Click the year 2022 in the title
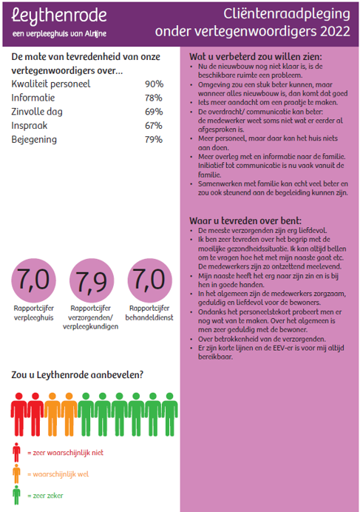(335, 32)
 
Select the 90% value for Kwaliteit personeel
(154, 84)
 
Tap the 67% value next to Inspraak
(154, 126)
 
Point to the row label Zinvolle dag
(37, 112)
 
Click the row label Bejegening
(34, 140)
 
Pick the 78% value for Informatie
(154, 98)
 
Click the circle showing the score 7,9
(92, 281)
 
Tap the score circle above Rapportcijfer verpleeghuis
(33, 280)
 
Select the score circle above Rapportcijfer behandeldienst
(149, 280)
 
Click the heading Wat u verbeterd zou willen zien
(256, 57)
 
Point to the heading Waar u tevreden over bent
(245, 220)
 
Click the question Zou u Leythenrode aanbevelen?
(78, 375)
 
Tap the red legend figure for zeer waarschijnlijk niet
(16, 453)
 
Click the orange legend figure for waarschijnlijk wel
(16, 474)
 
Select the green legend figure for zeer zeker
(16, 495)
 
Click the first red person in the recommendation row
(19, 414)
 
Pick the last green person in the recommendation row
(170, 414)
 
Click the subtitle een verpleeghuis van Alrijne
(59, 33)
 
